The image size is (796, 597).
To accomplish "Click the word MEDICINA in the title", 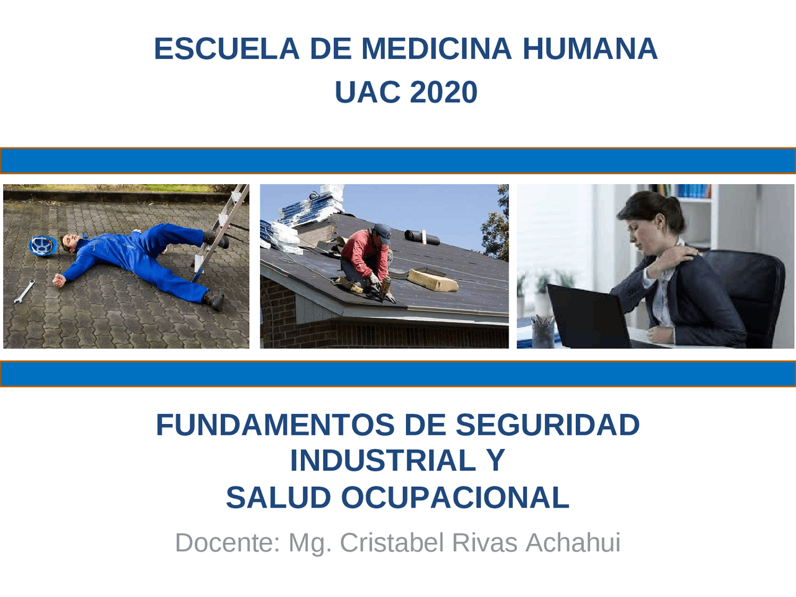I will click(x=437, y=49).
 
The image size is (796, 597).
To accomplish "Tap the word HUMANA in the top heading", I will click(x=590, y=49).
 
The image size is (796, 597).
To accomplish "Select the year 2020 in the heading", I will click(x=443, y=93).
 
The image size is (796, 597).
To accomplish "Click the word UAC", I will click(x=368, y=93).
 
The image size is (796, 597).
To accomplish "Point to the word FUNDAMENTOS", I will click(x=275, y=425).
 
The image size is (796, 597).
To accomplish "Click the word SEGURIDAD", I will click(x=547, y=425).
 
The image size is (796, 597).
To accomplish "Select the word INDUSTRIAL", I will click(x=383, y=461).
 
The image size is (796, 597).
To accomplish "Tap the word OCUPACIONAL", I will click(x=455, y=498).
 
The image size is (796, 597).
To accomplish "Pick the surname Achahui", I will click(x=573, y=543).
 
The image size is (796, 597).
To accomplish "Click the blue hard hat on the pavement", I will click(x=42, y=245).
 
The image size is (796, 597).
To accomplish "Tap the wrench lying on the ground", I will click(x=24, y=292).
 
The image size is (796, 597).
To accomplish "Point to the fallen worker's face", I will click(x=70, y=241).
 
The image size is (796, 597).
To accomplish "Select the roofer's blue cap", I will click(x=382, y=231).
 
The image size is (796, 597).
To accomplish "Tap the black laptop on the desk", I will click(x=588, y=317).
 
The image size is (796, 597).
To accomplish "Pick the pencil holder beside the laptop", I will click(x=543, y=332).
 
